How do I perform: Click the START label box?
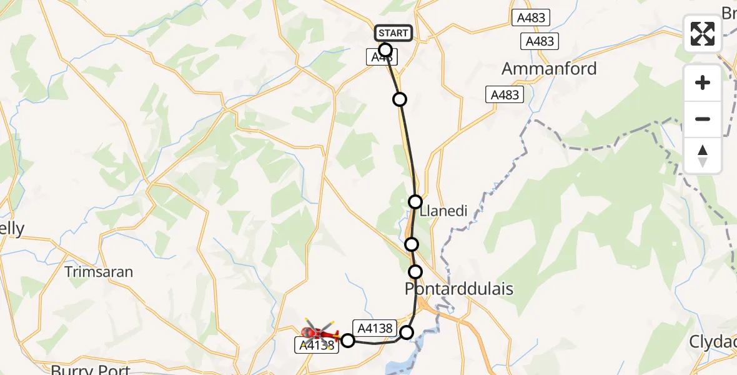[393, 32]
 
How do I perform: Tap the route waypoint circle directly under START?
[385, 49]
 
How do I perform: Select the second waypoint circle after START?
[400, 99]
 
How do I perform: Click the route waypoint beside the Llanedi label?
[415, 201]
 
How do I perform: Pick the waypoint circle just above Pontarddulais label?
[415, 271]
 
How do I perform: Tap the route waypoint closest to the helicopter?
[348, 340]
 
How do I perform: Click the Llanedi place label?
[444, 211]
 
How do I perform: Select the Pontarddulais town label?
[459, 289]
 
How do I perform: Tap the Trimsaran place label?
[99, 272]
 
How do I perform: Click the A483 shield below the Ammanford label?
[504, 94]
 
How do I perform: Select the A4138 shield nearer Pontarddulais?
[373, 327]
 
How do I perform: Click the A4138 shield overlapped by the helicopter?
[317, 345]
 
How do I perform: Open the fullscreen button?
[703, 34]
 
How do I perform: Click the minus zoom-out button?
[703, 119]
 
